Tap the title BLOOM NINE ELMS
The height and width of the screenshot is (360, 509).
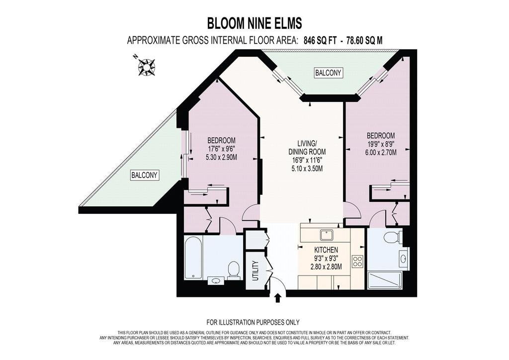(254, 24)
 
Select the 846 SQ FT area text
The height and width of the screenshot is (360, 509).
(320, 41)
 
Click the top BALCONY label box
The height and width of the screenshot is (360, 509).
(329, 73)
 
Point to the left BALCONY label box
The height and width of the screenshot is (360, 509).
(144, 176)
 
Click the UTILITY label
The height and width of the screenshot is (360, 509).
(255, 270)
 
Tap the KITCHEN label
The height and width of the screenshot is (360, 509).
(326, 250)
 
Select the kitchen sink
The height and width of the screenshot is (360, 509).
(325, 234)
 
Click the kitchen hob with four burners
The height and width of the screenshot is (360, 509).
(357, 262)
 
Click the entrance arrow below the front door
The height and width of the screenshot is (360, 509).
(277, 298)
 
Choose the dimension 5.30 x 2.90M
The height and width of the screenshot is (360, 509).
(221, 157)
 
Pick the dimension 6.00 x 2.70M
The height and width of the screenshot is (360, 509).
(381, 152)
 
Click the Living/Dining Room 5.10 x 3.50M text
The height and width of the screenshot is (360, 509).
(307, 169)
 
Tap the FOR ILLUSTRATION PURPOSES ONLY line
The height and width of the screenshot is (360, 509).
(253, 322)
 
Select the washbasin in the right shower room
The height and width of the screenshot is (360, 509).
(403, 259)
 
